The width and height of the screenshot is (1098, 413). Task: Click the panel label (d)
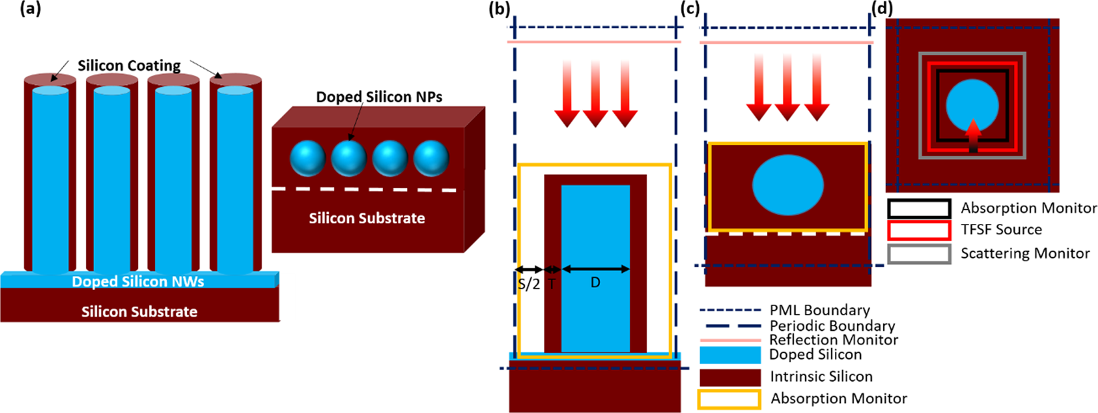[882, 9]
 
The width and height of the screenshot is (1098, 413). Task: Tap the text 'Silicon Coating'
[129, 65]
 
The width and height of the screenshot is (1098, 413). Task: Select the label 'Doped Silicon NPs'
[378, 97]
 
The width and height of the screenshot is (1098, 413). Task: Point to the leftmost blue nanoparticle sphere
[308, 158]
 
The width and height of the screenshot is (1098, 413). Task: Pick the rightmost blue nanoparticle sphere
[431, 158]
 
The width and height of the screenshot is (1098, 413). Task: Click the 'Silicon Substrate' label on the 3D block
[366, 218]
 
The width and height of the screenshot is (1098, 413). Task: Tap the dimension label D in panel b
[595, 283]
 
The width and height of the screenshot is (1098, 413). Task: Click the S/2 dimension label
[529, 284]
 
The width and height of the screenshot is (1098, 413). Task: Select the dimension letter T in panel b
[552, 283]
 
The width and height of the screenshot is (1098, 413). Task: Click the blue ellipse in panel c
[788, 185]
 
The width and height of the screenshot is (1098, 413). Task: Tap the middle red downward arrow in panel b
[595, 93]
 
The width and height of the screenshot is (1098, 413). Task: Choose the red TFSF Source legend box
[918, 231]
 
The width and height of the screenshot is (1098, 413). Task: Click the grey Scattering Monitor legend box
[918, 254]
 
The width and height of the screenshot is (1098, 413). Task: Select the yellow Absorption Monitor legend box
[729, 399]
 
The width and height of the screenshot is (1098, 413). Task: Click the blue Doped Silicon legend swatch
[730, 355]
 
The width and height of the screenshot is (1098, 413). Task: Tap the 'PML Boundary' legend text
[820, 310]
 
